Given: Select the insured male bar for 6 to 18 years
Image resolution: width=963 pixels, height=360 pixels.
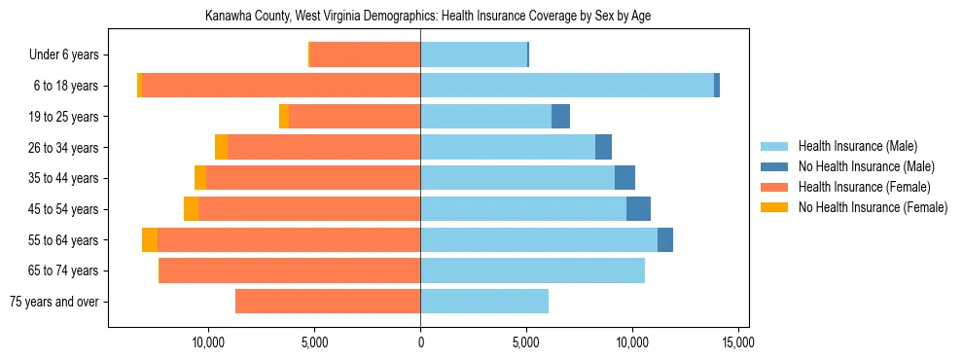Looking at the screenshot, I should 567,86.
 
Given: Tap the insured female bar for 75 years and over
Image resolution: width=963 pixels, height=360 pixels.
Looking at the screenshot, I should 328,302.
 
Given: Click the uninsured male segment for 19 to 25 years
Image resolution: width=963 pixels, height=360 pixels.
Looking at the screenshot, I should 560,117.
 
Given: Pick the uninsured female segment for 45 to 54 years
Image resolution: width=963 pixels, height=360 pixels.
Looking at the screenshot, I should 191,209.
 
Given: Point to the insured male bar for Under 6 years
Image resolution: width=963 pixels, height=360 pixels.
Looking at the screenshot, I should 474,54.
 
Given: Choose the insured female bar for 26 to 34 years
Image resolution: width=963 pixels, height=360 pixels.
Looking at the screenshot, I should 324,147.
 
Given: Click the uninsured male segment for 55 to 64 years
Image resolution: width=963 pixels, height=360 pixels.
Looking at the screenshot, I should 665,240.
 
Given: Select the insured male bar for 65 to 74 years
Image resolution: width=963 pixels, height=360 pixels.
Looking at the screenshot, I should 532,270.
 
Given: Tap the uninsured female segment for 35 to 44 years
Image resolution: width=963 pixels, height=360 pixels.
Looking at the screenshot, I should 200,178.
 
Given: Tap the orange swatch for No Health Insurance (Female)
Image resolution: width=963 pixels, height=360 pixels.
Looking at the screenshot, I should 775,207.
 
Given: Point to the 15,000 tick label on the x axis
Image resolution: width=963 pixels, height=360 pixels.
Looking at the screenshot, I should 737,342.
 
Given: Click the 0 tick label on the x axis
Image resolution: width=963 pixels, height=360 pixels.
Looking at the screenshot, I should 420,342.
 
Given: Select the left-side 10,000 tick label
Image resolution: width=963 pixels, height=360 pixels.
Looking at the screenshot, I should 209,342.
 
